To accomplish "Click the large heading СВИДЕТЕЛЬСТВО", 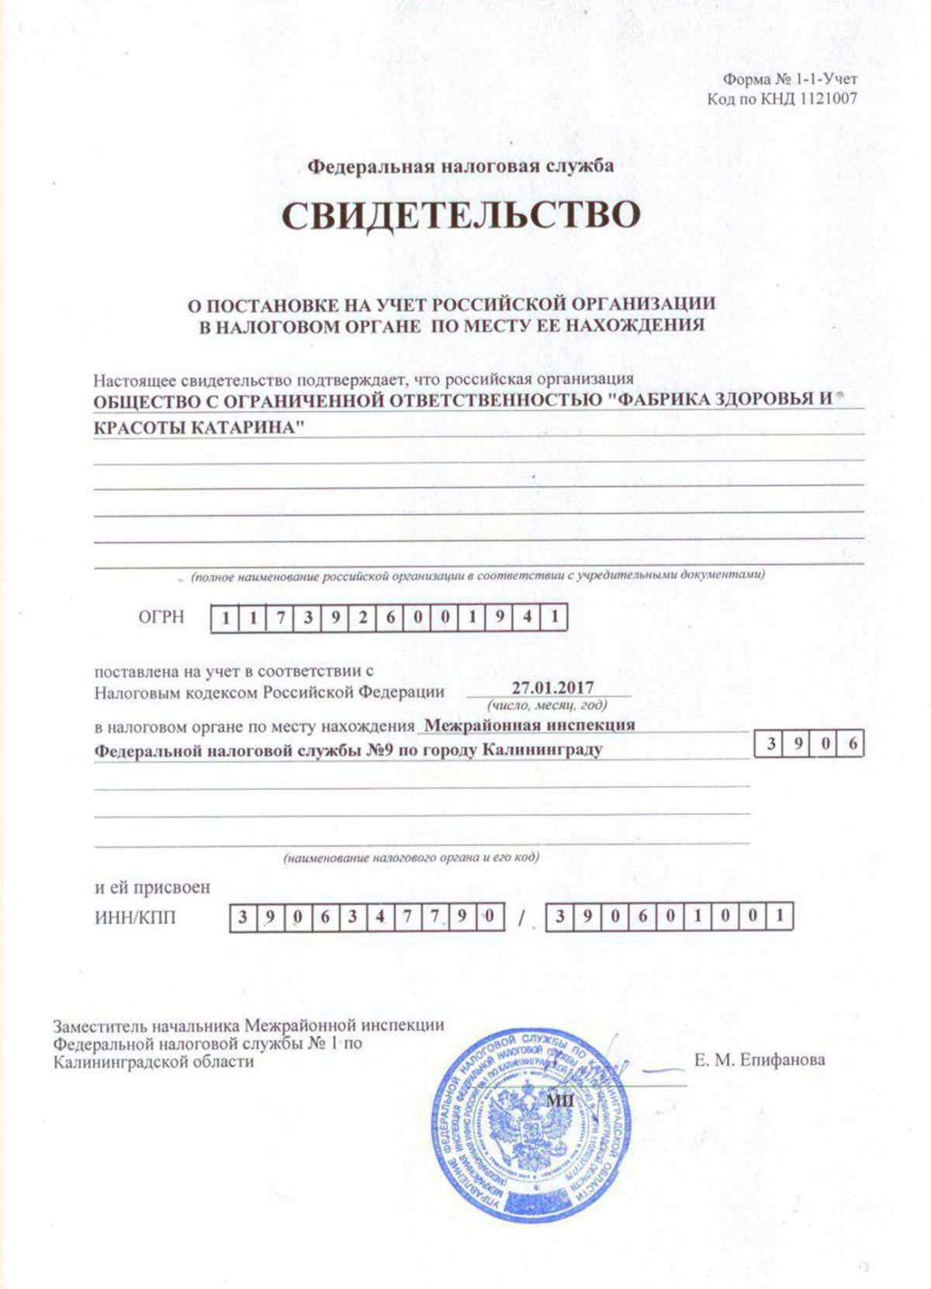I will coord(461,215).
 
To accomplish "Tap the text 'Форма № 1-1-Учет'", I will coord(790,79).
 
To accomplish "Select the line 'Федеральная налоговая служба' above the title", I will coord(461,166).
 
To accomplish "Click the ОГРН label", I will coord(161,617).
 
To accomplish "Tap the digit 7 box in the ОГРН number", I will coord(281,619).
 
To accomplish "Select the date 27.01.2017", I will coord(552,688).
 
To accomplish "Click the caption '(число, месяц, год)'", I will coord(547,706).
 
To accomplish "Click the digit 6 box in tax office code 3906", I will coord(853,745).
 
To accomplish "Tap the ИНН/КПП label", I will coord(136,918).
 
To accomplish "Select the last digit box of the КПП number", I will coord(780,918).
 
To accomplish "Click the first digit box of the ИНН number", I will coord(243,918).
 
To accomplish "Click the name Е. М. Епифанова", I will coord(760,1059).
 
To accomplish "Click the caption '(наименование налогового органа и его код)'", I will coord(411,858).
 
